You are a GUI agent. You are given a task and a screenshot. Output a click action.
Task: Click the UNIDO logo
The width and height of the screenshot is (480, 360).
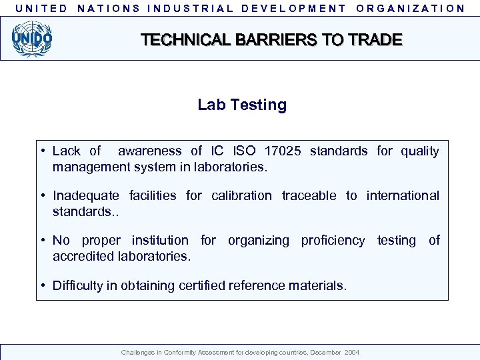(31, 38)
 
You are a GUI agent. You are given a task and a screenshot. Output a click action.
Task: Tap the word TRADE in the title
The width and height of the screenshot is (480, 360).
(375, 40)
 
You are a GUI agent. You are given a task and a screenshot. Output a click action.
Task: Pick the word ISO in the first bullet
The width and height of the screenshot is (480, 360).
(243, 151)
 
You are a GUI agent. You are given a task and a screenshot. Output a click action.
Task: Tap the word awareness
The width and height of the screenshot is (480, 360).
(149, 151)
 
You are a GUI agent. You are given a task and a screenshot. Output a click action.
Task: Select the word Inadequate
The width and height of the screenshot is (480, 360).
(86, 196)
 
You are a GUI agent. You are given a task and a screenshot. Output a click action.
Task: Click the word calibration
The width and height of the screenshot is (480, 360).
(241, 196)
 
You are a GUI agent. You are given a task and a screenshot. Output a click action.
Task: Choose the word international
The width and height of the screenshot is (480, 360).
(403, 196)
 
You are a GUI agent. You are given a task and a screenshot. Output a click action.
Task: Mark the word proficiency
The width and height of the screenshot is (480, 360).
(333, 241)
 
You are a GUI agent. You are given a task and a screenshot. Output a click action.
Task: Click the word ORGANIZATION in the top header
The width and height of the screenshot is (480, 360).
(411, 9)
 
